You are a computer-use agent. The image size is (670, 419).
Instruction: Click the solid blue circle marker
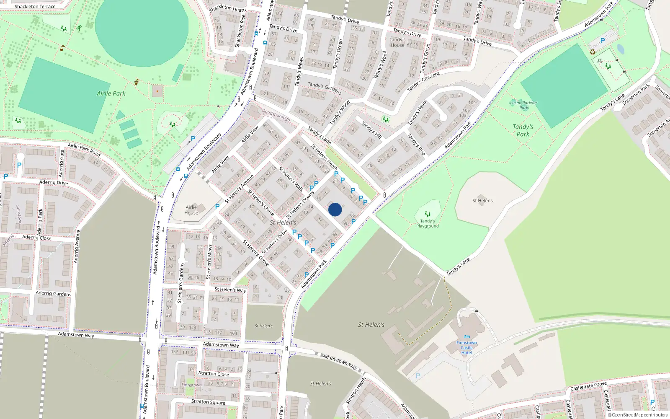pyautogui.click(x=335, y=209)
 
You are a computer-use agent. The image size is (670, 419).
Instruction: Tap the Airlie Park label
pyautogui.click(x=111, y=93)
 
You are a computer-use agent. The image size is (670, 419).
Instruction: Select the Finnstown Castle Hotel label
pyautogui.click(x=466, y=348)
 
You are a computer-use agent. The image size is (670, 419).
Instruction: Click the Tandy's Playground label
pyautogui.click(x=427, y=224)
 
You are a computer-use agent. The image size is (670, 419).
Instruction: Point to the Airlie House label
pyautogui.click(x=191, y=210)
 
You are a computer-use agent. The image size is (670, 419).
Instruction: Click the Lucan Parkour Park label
pyautogui.click(x=523, y=105)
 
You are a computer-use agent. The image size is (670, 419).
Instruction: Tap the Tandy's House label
pyautogui.click(x=397, y=42)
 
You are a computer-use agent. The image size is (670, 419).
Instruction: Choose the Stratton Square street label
pyautogui.click(x=208, y=402)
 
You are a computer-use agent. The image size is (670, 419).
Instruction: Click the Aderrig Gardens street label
pyautogui.click(x=53, y=293)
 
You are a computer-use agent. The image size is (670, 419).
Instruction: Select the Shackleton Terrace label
pyautogui.click(x=35, y=6)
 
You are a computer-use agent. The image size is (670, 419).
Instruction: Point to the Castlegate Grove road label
pyautogui.click(x=588, y=386)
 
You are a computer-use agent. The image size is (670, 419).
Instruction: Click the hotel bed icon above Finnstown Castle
pyautogui.click(x=467, y=337)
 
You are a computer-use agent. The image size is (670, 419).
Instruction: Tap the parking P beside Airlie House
pyautogui.click(x=217, y=207)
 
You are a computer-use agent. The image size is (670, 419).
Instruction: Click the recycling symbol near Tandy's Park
pyautogui.click(x=593, y=52)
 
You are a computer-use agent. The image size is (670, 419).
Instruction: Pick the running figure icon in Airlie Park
pyautogui.click(x=79, y=28)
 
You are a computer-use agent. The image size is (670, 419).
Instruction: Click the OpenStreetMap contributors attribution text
pyautogui.click(x=637, y=415)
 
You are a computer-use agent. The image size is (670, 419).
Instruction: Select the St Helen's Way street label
pyautogui.click(x=230, y=290)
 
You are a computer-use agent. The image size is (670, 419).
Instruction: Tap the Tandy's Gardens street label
pyautogui.click(x=325, y=88)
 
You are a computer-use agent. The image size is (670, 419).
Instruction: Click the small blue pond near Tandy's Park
pyautogui.click(x=620, y=49)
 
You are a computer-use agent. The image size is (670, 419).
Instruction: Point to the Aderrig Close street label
pyautogui.click(x=37, y=238)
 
